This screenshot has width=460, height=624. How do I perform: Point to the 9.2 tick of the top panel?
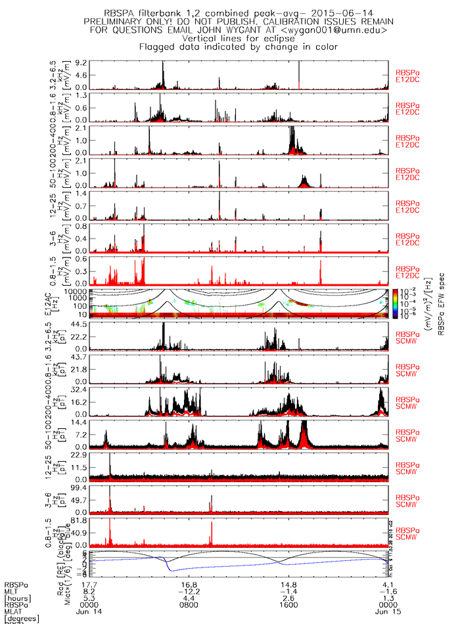click(81, 62)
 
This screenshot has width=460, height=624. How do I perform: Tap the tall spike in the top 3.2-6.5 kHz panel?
click(299, 74)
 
